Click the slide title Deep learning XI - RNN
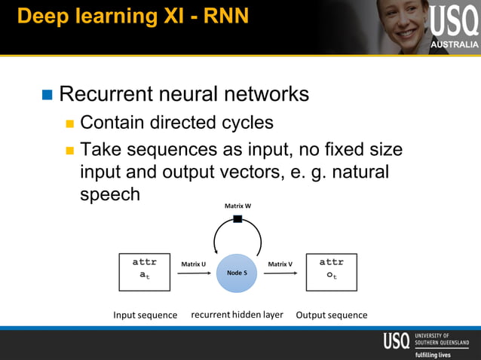coord(133,16)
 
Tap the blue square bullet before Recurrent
coord(47,95)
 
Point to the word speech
coord(110,194)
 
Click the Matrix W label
coord(237,206)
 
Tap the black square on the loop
coord(237,219)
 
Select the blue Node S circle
coord(237,273)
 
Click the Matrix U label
coord(194,264)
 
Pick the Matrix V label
coord(280,264)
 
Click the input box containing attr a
coord(144,272)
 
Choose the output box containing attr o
coord(331,272)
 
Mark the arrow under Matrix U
coord(194,273)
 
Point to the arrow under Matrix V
coord(280,273)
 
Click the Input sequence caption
coord(146,315)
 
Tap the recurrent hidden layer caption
coord(237,314)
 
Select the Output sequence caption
coord(332,315)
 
